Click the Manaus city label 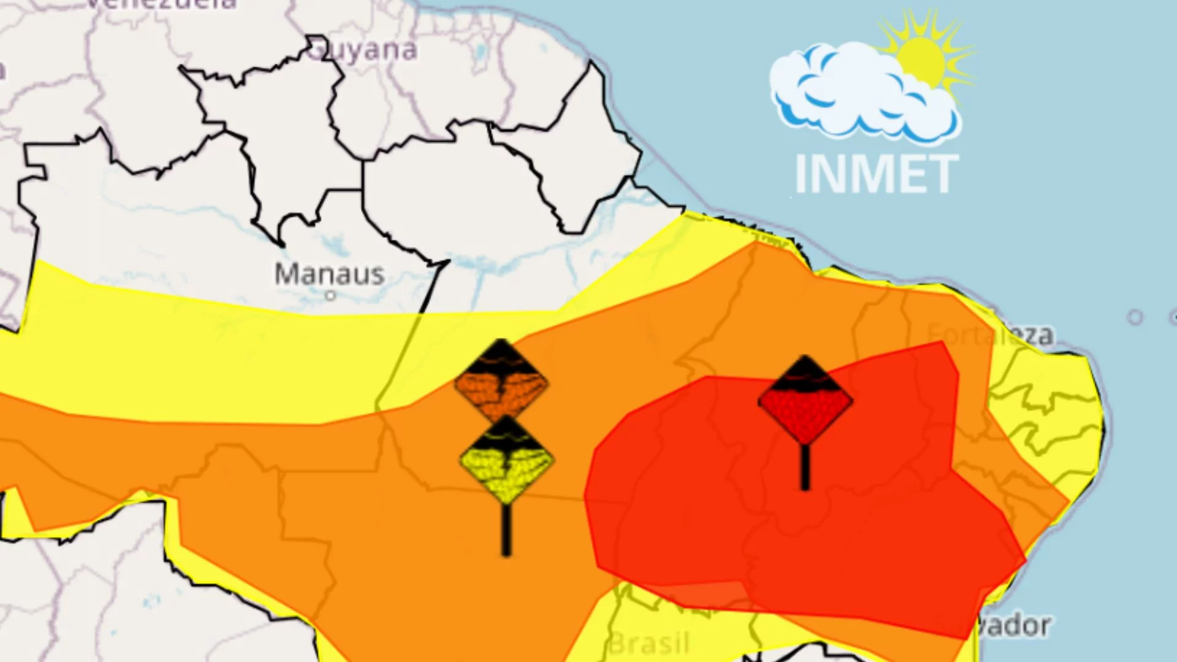(x=329, y=274)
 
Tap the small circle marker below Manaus (x=330, y=296)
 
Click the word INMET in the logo (x=876, y=174)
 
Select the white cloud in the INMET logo (x=858, y=92)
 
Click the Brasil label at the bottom (x=649, y=644)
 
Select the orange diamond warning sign (x=501, y=383)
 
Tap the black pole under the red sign (x=805, y=467)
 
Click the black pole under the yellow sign (x=506, y=530)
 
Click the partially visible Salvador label (x=1015, y=625)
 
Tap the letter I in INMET (x=800, y=174)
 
